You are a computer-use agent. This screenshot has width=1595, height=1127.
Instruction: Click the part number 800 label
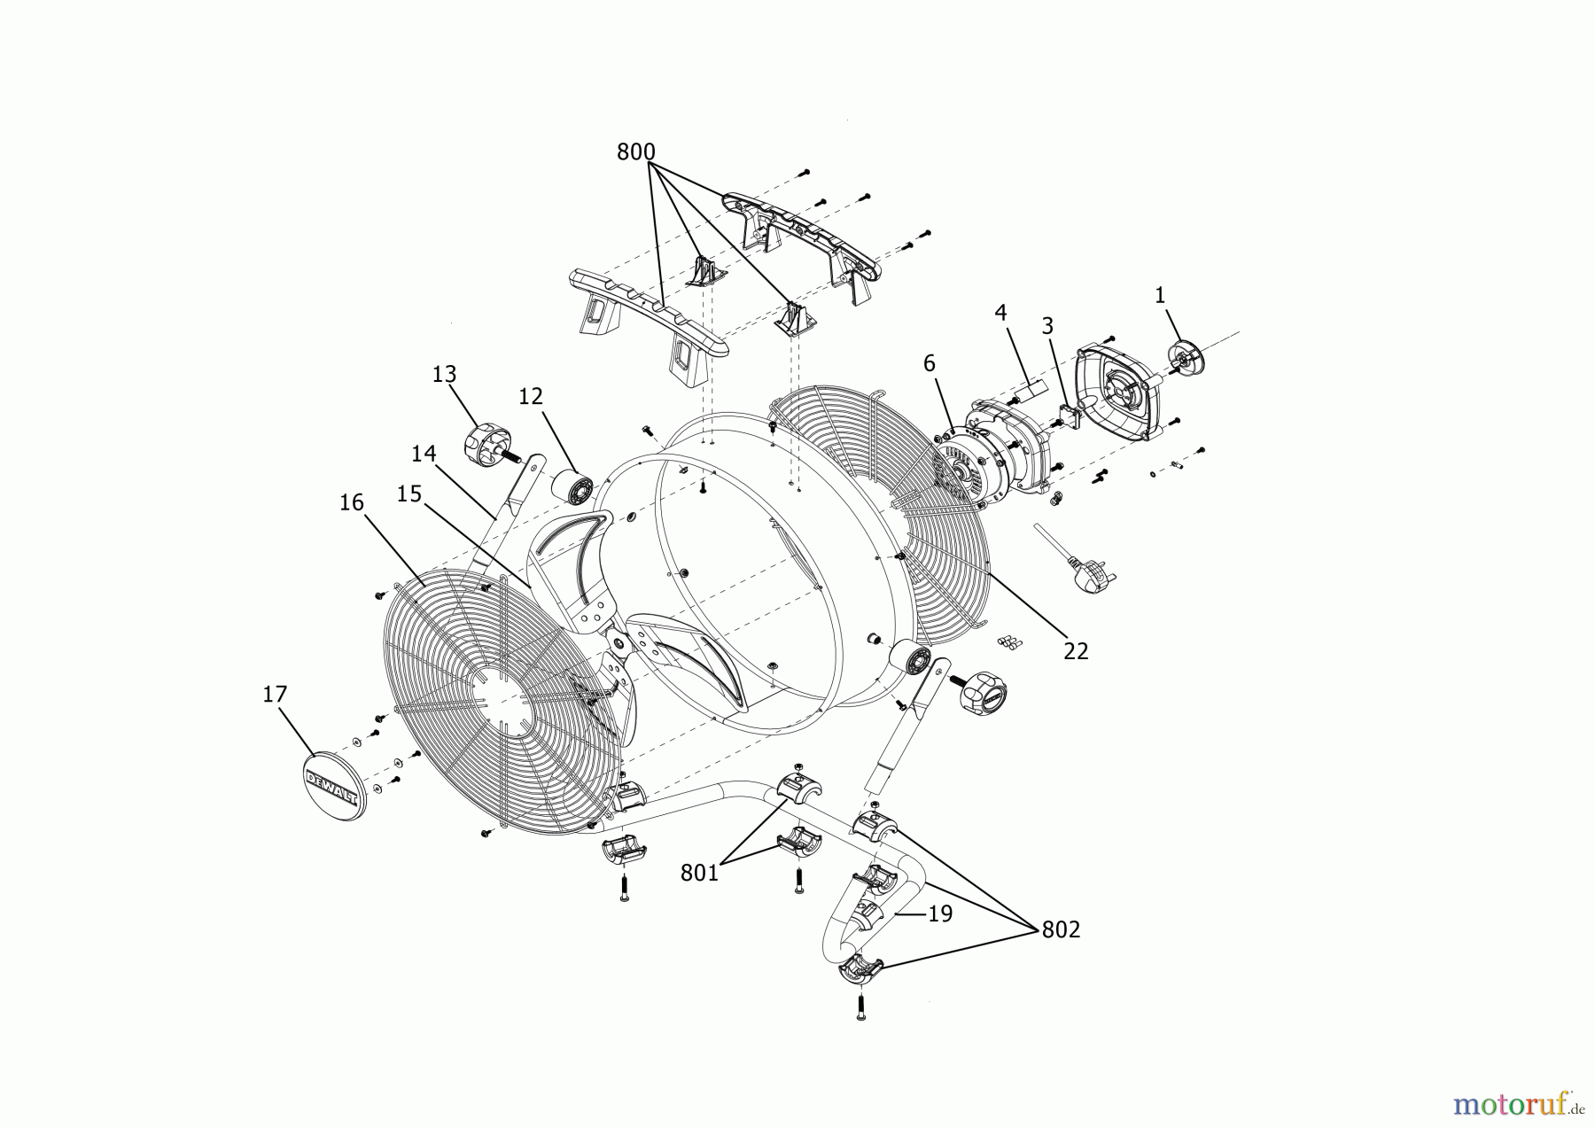pos(635,152)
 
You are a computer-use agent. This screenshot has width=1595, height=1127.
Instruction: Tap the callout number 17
pos(275,694)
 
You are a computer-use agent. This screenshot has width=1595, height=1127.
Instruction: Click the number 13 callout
pos(444,375)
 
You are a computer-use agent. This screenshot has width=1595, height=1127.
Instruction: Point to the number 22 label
pos(1076,650)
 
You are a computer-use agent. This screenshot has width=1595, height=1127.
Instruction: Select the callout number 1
pos(1160,296)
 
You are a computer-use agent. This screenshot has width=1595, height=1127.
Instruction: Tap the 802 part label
pos(1061,929)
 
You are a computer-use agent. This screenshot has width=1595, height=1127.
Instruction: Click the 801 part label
pos(699,873)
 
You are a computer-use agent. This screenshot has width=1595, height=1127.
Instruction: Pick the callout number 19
pos(940,913)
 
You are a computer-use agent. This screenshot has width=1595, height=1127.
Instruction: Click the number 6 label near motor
pos(929,363)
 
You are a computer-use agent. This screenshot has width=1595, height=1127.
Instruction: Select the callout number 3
pos(1047,326)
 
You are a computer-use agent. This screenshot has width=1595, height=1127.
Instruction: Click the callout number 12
pos(530,396)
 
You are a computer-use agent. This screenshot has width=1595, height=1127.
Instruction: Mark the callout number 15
pos(408,494)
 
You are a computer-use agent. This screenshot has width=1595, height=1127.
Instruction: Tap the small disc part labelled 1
pos(1184,356)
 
